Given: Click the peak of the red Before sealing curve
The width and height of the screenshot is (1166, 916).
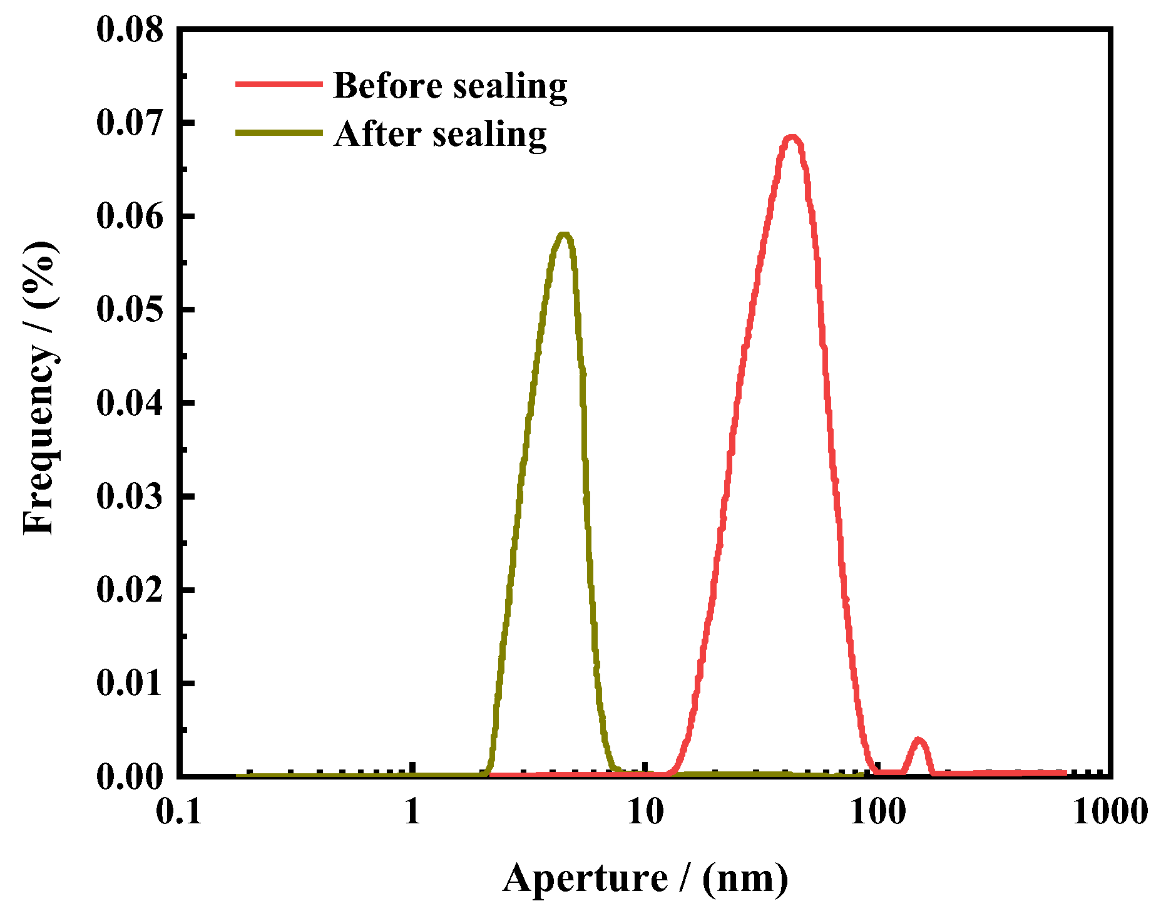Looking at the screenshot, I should coord(792,138).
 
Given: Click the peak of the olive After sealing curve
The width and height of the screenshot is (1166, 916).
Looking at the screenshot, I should coord(564,235).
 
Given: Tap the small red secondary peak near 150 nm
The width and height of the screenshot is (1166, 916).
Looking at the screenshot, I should coord(918,741).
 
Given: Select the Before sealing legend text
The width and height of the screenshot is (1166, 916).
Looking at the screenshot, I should coord(450,86).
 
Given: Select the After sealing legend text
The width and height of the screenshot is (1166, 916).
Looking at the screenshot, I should coord(440,134).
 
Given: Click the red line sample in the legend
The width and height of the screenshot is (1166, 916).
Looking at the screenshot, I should coord(279,84).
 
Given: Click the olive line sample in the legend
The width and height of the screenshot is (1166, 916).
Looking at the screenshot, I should coord(279,133).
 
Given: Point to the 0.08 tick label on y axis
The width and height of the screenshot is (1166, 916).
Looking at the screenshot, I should coord(130,29).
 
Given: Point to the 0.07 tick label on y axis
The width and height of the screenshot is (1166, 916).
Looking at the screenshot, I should coord(130,122).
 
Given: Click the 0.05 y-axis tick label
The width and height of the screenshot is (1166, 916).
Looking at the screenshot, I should coord(130,309).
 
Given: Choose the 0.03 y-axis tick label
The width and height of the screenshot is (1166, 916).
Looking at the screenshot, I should coord(130,497).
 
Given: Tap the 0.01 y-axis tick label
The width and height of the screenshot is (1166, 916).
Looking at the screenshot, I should coord(130,683).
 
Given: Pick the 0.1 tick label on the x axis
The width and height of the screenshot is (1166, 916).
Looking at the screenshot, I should coord(179,812).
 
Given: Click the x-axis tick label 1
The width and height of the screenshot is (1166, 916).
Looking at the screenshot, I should coord(412,812).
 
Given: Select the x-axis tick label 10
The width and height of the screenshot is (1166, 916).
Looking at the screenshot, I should coord(645,812).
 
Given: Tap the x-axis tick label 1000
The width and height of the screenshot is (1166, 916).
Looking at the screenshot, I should coord(1110,812).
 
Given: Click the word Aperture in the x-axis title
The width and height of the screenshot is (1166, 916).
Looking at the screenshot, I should coord(585,878).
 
